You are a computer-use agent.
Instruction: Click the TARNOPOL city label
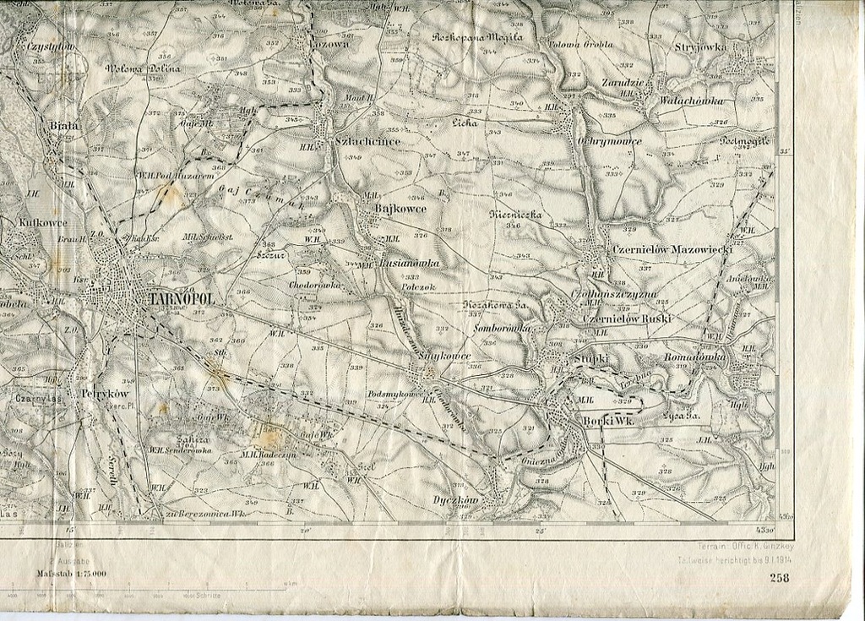(x=181, y=299)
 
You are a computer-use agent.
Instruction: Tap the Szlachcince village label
(x=367, y=142)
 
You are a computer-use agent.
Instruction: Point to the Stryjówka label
(x=700, y=47)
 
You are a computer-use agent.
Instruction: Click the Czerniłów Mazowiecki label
(x=672, y=250)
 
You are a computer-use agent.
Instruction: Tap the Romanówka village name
(x=694, y=358)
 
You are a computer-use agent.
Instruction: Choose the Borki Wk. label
(x=608, y=421)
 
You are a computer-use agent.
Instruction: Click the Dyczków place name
(x=455, y=500)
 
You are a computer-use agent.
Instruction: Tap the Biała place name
(x=63, y=125)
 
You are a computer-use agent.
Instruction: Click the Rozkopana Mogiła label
(x=477, y=37)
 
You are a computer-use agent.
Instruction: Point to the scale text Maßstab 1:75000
(x=71, y=574)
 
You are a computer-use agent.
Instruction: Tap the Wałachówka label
(x=691, y=101)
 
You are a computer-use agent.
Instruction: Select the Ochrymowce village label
(x=609, y=141)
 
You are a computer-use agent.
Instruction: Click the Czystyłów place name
(x=51, y=47)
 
